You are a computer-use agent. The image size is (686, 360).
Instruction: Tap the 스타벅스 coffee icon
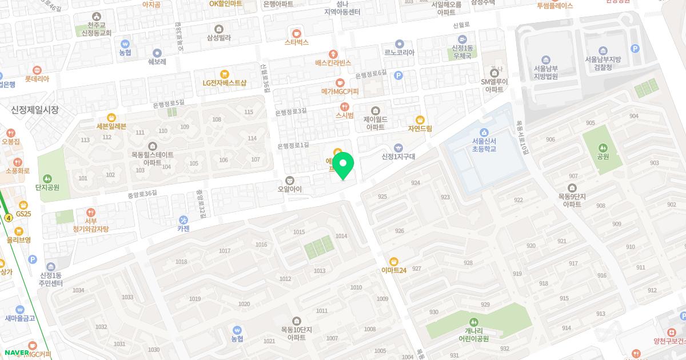pyautogui.click(x=296, y=33)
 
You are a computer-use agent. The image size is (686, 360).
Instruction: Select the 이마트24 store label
pyautogui.click(x=394, y=270)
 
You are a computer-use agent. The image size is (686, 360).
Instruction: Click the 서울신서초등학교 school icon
pyautogui.click(x=484, y=133)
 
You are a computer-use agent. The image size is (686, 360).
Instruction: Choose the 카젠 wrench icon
pyautogui.click(x=184, y=219)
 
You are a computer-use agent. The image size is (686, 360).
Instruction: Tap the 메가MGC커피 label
pyautogui.click(x=340, y=91)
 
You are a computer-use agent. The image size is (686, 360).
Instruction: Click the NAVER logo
pyautogui.click(x=16, y=352)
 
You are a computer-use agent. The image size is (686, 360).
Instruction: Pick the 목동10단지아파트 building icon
pyautogui.click(x=296, y=321)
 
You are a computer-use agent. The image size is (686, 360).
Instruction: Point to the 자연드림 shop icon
pyautogui.click(x=420, y=119)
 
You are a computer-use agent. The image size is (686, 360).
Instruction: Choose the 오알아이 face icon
pyautogui.click(x=289, y=180)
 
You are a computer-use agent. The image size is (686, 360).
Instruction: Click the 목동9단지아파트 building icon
pyautogui.click(x=572, y=188)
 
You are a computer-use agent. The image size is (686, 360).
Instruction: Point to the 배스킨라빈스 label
pyautogui.click(x=333, y=63)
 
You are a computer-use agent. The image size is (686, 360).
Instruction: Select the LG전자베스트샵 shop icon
pyautogui.click(x=224, y=74)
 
